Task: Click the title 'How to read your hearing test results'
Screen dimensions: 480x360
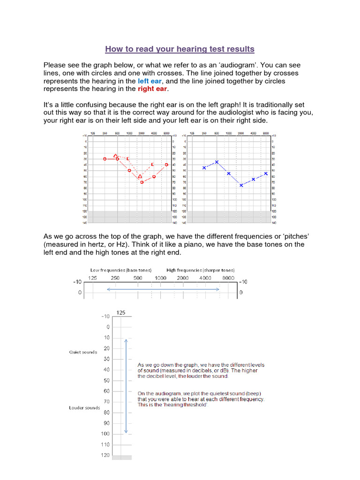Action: [x=180, y=49]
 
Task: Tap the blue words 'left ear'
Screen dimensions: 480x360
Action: [x=150, y=81]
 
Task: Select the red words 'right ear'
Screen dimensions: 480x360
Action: [x=152, y=89]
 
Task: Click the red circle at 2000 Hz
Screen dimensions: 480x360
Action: [x=142, y=182]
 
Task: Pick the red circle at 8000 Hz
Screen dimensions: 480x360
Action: [x=166, y=165]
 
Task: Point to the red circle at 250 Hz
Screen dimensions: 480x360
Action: [x=105, y=159]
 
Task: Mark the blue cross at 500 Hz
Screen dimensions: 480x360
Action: [x=217, y=162]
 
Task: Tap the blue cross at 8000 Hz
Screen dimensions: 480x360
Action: [x=266, y=173]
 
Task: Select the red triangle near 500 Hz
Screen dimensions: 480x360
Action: [x=116, y=155]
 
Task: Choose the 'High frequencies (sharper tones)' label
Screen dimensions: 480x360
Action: [x=201, y=270]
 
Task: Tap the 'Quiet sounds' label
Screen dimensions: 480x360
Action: [x=83, y=352]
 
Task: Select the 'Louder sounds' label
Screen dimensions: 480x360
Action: [x=84, y=408]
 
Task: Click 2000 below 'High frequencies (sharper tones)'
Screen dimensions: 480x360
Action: [x=183, y=278]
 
